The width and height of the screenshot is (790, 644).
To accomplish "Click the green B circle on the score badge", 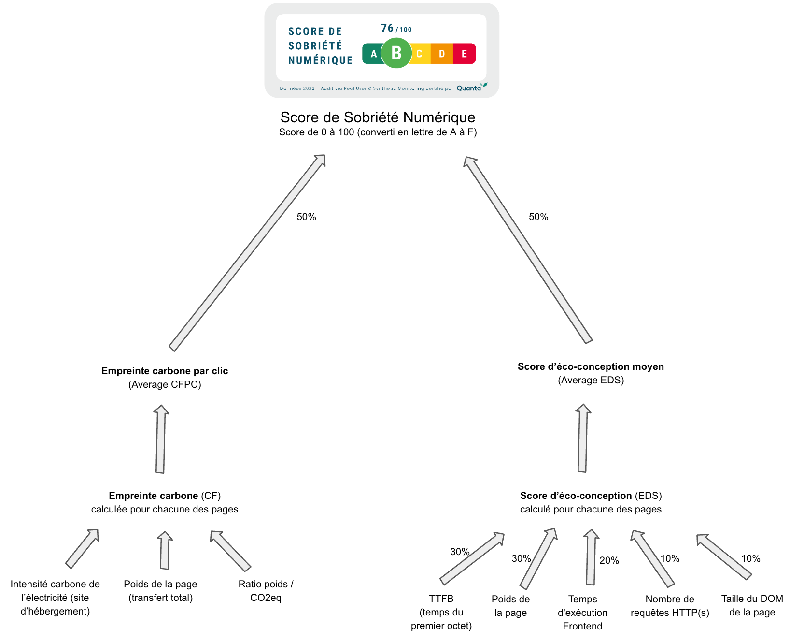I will point(396,53).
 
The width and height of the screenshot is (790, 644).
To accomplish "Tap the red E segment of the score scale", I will point(464,54).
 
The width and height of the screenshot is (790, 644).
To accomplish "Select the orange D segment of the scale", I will point(441,54).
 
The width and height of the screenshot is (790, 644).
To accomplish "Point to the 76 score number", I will point(387,29).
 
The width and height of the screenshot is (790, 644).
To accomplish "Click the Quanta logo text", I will point(469,88).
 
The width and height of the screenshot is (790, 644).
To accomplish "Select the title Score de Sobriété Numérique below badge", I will point(378,117).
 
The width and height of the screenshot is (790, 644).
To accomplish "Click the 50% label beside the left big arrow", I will point(306,217).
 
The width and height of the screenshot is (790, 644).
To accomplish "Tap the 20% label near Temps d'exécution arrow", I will point(609,561).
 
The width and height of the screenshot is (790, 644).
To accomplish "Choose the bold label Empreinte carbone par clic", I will point(165,371).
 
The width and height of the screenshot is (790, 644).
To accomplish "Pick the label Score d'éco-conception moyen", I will point(591,367).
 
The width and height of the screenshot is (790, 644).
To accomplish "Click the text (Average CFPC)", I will point(165,385).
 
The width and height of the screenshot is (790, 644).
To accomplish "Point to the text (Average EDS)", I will point(591,381).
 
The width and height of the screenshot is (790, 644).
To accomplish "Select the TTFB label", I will point(441,599).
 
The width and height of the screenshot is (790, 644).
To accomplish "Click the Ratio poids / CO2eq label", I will point(266,591).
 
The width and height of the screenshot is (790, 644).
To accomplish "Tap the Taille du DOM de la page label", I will point(752,605).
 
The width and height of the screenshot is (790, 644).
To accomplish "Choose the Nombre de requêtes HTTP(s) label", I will point(670,606).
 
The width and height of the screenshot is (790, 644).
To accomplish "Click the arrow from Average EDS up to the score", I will point(528,249).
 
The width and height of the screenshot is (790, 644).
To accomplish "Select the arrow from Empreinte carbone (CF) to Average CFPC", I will point(161,439).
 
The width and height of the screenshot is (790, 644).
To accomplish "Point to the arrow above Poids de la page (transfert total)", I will point(165,550).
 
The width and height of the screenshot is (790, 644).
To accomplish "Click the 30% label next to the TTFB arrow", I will point(460,552).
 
